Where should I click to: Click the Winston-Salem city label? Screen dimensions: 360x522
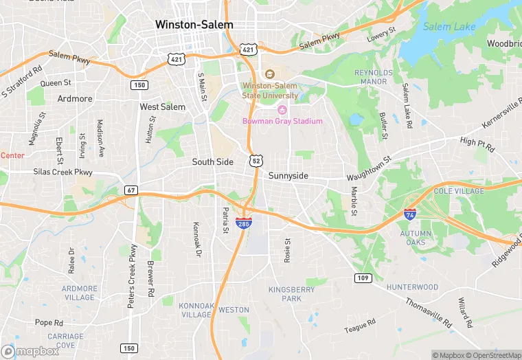[194, 24]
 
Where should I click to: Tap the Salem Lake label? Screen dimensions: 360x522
[449, 27]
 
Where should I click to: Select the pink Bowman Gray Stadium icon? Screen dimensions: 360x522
[282, 110]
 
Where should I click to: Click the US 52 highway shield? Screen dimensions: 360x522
[256, 160]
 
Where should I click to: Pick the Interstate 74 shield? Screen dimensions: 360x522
[410, 214]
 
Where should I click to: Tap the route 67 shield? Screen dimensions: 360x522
[130, 190]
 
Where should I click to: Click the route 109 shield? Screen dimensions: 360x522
[364, 278]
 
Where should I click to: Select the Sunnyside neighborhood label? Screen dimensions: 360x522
[288, 176]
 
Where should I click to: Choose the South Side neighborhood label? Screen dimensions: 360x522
[212, 162]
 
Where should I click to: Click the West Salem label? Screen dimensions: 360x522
[163, 107]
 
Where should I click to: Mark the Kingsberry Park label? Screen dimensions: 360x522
[292, 294]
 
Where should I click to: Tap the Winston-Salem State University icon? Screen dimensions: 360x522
[269, 74]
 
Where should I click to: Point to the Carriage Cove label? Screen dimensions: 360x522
[65, 341]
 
